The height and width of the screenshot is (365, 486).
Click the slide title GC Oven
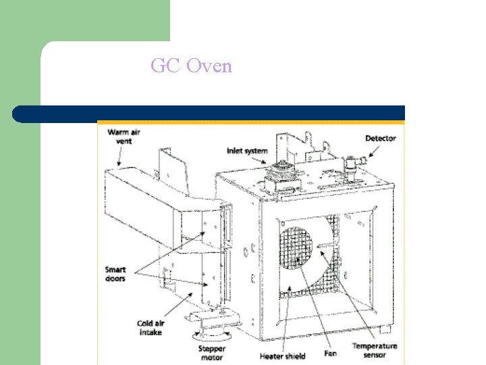click(191, 66)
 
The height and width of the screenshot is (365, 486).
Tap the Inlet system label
click(247, 151)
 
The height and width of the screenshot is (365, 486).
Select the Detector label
click(381, 139)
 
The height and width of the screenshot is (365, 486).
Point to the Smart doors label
click(115, 274)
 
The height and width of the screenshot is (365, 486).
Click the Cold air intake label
click(151, 328)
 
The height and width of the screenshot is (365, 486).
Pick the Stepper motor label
click(212, 353)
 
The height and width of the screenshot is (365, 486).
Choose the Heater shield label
click(283, 356)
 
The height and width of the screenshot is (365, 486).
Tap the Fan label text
click(330, 353)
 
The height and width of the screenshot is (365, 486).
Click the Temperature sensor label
click(375, 350)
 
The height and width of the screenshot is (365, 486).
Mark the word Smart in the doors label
click(116, 270)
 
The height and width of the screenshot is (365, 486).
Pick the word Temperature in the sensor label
click(375, 346)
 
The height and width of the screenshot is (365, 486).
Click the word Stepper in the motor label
click(212, 349)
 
